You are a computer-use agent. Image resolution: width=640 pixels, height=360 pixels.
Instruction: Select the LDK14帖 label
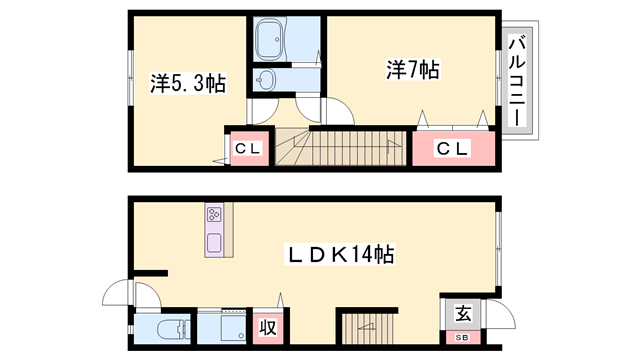(x=340, y=255)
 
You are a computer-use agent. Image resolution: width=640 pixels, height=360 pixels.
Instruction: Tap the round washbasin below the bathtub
(x=265, y=81)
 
